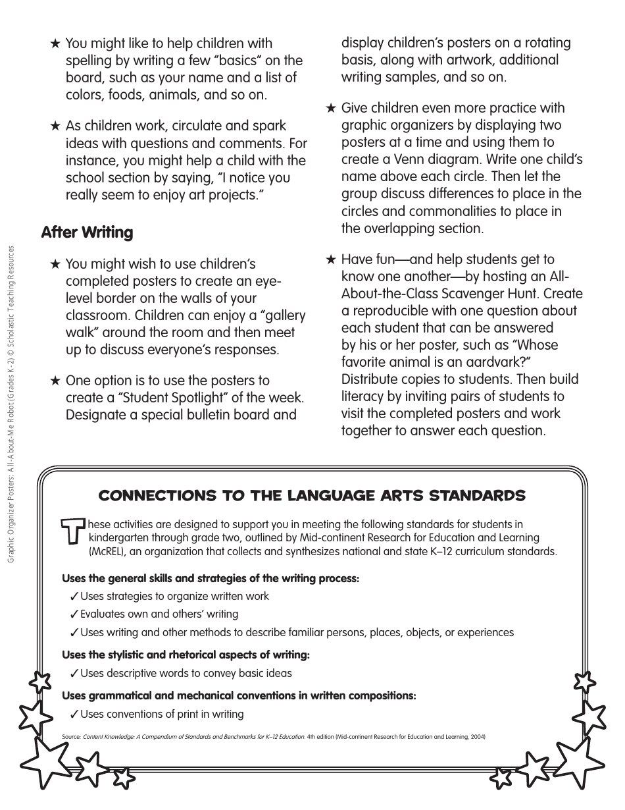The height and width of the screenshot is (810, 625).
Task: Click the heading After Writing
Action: [x=87, y=232]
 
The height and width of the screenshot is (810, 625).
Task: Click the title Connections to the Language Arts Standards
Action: [x=312, y=495]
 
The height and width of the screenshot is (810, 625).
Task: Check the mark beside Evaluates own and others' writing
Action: [x=74, y=614]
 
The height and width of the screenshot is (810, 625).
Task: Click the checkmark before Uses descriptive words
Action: [x=74, y=674]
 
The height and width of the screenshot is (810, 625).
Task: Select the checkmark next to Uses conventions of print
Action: [x=74, y=715]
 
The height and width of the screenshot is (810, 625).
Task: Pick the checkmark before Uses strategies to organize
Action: [x=74, y=597]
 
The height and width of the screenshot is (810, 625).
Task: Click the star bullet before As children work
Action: [x=55, y=126]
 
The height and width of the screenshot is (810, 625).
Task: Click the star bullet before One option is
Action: [x=55, y=381]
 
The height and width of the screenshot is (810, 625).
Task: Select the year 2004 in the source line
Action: [x=474, y=737]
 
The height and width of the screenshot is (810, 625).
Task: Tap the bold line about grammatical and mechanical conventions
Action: [x=239, y=695]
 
